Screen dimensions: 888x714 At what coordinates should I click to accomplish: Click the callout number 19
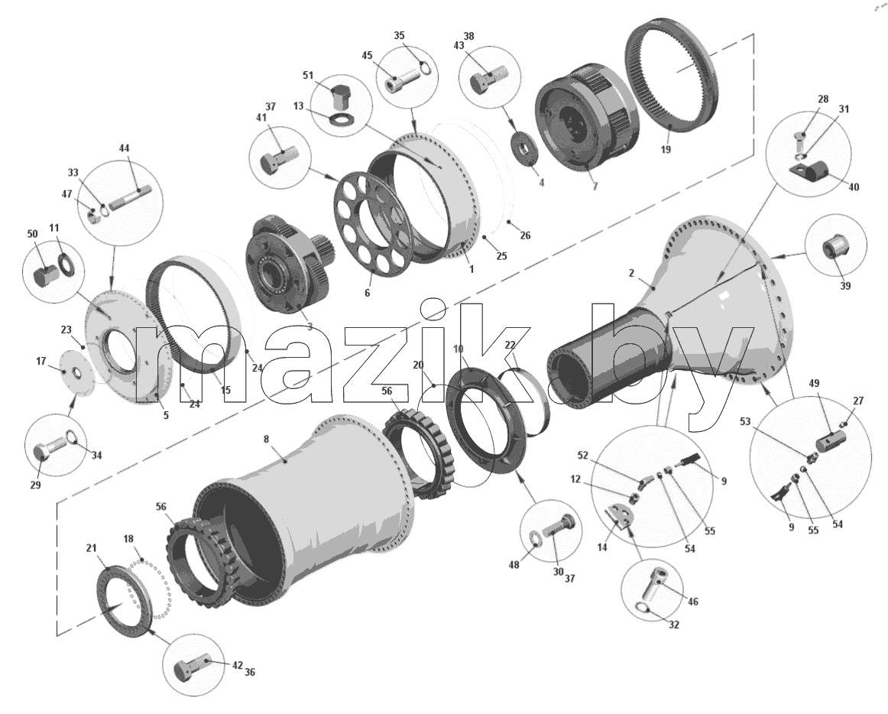666,149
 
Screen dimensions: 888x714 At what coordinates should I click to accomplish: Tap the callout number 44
124,148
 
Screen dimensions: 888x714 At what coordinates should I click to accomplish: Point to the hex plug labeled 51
340,96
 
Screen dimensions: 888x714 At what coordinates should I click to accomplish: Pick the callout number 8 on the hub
267,439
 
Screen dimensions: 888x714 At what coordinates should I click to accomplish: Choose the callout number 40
853,187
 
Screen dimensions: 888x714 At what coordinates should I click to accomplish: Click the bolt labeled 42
192,669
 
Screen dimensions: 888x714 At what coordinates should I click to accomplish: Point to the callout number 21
91,548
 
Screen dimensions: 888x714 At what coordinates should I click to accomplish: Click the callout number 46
692,601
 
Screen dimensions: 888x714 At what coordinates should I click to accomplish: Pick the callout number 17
41,361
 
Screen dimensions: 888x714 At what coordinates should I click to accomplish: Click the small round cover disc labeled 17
76,372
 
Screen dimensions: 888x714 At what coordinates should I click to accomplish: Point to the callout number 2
632,273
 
